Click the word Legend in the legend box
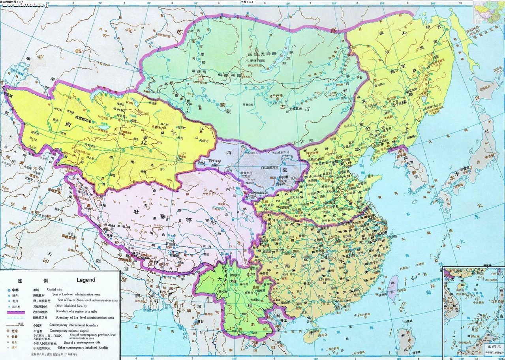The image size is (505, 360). point(83,280)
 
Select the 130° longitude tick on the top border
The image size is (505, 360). point(383,3)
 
